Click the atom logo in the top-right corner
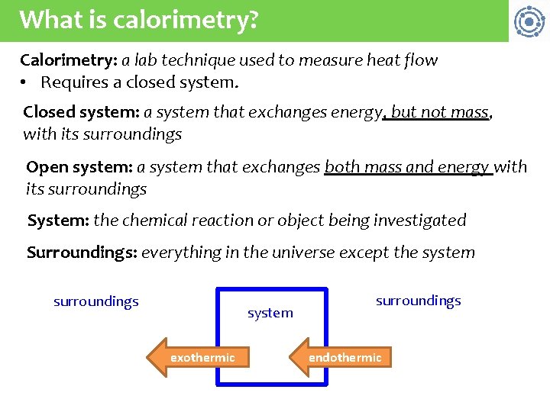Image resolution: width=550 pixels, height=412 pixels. coord(529,21)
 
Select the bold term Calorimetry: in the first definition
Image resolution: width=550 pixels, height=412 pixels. coord(68,60)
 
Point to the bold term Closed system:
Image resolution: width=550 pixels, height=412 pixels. coord(81,113)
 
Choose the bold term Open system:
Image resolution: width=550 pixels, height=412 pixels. coord(79,167)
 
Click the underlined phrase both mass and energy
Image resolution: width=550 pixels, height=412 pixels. coord(407,167)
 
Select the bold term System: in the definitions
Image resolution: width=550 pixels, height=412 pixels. coord(58,221)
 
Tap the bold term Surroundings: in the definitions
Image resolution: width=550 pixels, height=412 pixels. coord(82,253)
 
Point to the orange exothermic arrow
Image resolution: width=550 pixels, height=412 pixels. coord(199,358)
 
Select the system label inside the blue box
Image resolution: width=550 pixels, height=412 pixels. coord(270,313)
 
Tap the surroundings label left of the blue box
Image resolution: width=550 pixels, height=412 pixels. coord(96,301)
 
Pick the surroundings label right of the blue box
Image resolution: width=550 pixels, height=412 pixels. coord(419,301)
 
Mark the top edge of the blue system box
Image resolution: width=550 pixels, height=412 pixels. coord(272,289)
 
